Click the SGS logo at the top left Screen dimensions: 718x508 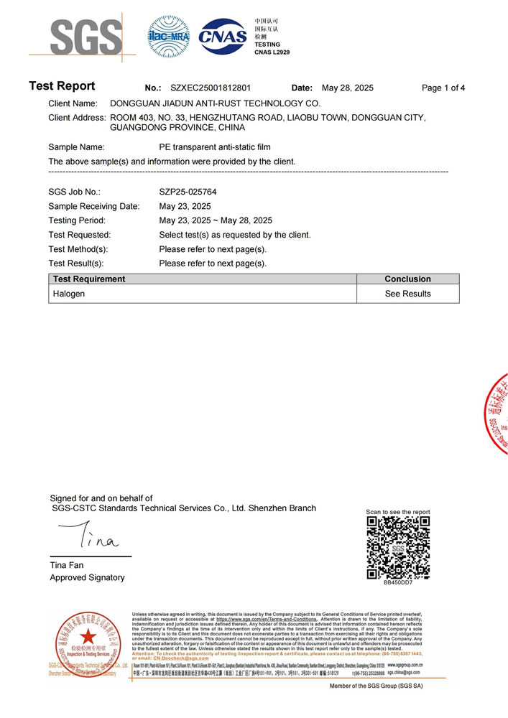tap(76, 36)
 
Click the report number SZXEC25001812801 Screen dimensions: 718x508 tap(211, 88)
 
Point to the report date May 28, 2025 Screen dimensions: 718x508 tap(348, 88)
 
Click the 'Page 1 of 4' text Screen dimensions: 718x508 tap(443, 88)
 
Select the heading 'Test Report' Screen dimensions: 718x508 tap(62, 87)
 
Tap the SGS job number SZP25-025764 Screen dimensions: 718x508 tap(188, 192)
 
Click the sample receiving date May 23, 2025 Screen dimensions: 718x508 tap(185, 206)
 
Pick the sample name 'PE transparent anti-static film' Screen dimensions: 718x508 tap(215, 146)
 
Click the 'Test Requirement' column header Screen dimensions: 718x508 tap(89, 279)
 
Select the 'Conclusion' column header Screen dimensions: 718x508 tap(407, 279)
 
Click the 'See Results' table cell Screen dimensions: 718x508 tap(407, 294)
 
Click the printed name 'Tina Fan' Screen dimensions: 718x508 tap(67, 565)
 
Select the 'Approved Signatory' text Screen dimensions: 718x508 tap(87, 577)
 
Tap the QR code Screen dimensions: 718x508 tap(398, 547)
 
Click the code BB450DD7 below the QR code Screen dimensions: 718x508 tap(398, 582)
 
